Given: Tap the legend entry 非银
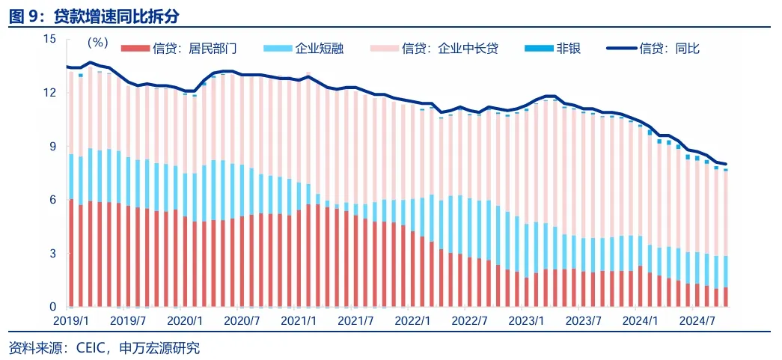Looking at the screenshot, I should [x=568, y=49].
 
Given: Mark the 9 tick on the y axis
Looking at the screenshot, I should [x=52, y=147].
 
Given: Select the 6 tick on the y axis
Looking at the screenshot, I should [x=52, y=200].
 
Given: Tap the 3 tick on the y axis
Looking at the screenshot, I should [x=52, y=254].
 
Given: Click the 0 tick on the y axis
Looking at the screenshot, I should [x=52, y=307].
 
